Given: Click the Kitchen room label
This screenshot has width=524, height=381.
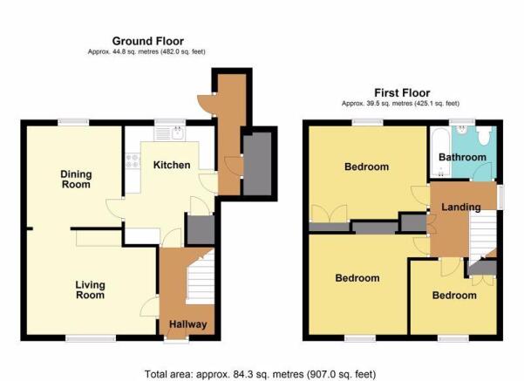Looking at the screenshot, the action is pyautogui.click(x=172, y=165).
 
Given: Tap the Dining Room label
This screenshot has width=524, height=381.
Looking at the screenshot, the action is pyautogui.click(x=76, y=179).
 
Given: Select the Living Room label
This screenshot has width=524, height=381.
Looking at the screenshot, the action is pyautogui.click(x=90, y=289).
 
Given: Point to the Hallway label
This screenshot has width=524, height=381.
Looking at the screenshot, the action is pyautogui.click(x=187, y=324).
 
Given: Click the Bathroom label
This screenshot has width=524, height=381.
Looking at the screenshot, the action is pyautogui.click(x=462, y=157).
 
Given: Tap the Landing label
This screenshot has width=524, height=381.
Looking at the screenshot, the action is pyautogui.click(x=461, y=208).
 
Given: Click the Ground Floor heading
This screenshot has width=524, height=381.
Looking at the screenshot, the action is pyautogui.click(x=148, y=41).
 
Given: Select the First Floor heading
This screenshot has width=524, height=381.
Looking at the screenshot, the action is pyautogui.click(x=402, y=92).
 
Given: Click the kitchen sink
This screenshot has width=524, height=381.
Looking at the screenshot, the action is pyautogui.click(x=170, y=133).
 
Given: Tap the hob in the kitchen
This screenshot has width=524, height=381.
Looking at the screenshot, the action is pyautogui.click(x=133, y=160).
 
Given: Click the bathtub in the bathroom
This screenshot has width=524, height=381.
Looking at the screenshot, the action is pyautogui.click(x=440, y=152).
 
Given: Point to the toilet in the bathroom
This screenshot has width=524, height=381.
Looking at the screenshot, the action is pyautogui.click(x=484, y=135).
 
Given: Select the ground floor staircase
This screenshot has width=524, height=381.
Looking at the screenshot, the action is pyautogui.click(x=200, y=278).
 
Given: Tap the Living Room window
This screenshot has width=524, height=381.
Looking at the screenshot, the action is pyautogui.click(x=91, y=338).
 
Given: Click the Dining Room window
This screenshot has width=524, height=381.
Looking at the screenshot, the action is pyautogui.click(x=73, y=122).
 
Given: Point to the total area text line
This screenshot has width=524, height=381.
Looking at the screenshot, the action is pyautogui.click(x=261, y=374).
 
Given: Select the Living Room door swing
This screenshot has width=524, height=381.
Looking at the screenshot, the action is pyautogui.click(x=149, y=305).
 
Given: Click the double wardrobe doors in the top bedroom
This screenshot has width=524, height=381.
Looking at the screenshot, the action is pyautogui.click(x=330, y=214).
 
